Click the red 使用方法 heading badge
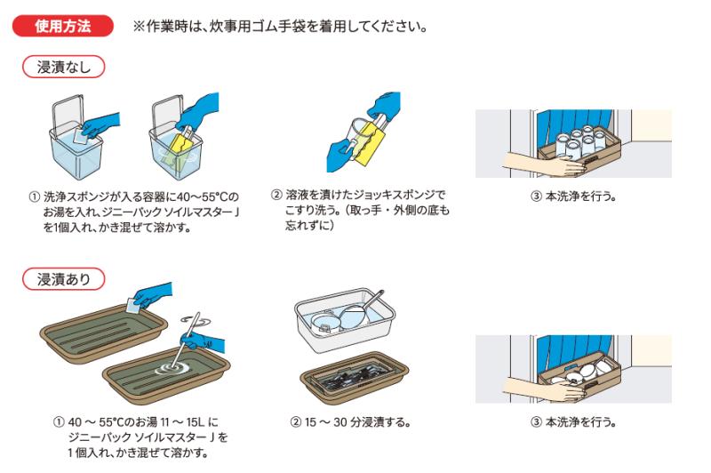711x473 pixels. (62, 26)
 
